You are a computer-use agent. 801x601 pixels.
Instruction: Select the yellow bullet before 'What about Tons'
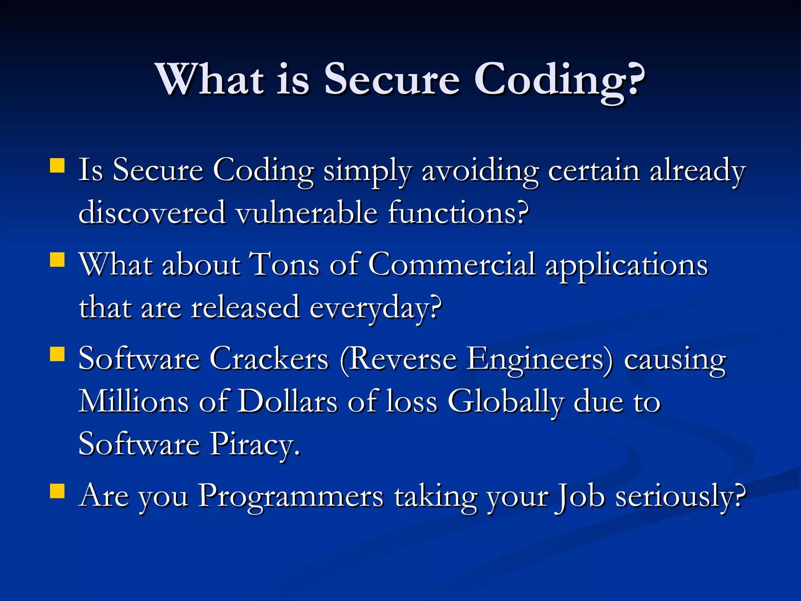57,259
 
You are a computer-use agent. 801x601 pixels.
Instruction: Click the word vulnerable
307,213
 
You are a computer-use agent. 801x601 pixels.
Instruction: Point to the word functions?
458,213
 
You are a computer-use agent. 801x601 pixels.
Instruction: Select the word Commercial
451,265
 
